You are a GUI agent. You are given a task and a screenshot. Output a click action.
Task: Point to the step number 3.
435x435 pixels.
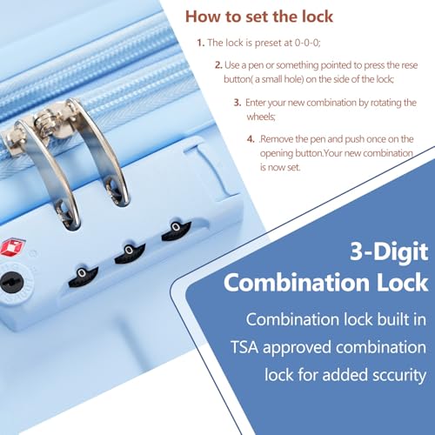[x=236, y=102]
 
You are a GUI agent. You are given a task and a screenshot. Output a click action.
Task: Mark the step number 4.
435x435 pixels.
[x=251, y=139]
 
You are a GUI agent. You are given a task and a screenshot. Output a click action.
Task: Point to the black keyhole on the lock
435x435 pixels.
[x=12, y=280]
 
